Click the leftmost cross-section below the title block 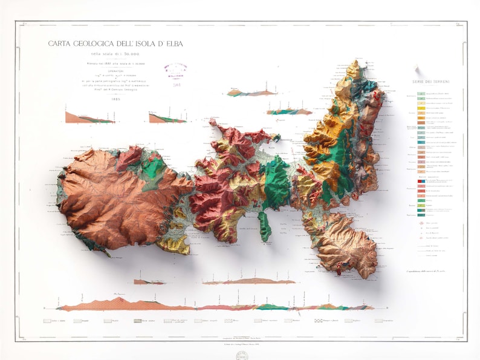[x=89, y=117]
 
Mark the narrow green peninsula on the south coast [x=264, y=223]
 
